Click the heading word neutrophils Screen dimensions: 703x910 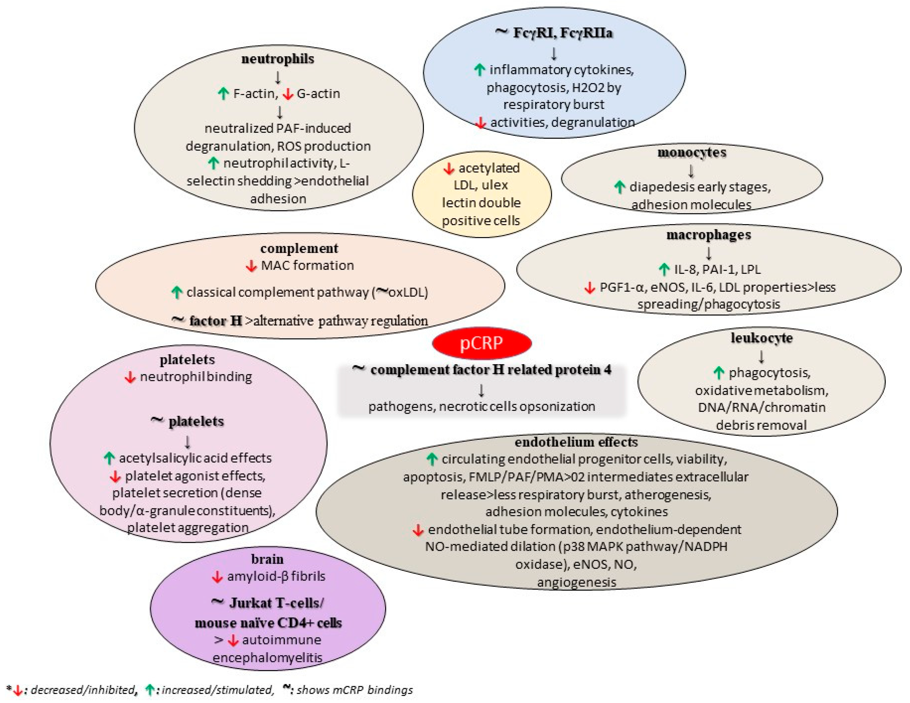coord(278,59)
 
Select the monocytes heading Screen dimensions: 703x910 coord(692,152)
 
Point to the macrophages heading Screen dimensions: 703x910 coord(708,235)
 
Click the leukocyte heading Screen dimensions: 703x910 coord(761,338)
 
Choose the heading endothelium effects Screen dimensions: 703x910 coord(576,442)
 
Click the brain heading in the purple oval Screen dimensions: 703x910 coord(267,559)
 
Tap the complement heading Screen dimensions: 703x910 coord(299,248)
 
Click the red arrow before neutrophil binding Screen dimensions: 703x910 coord(130,377)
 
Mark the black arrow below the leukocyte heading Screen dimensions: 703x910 coord(761,357)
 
